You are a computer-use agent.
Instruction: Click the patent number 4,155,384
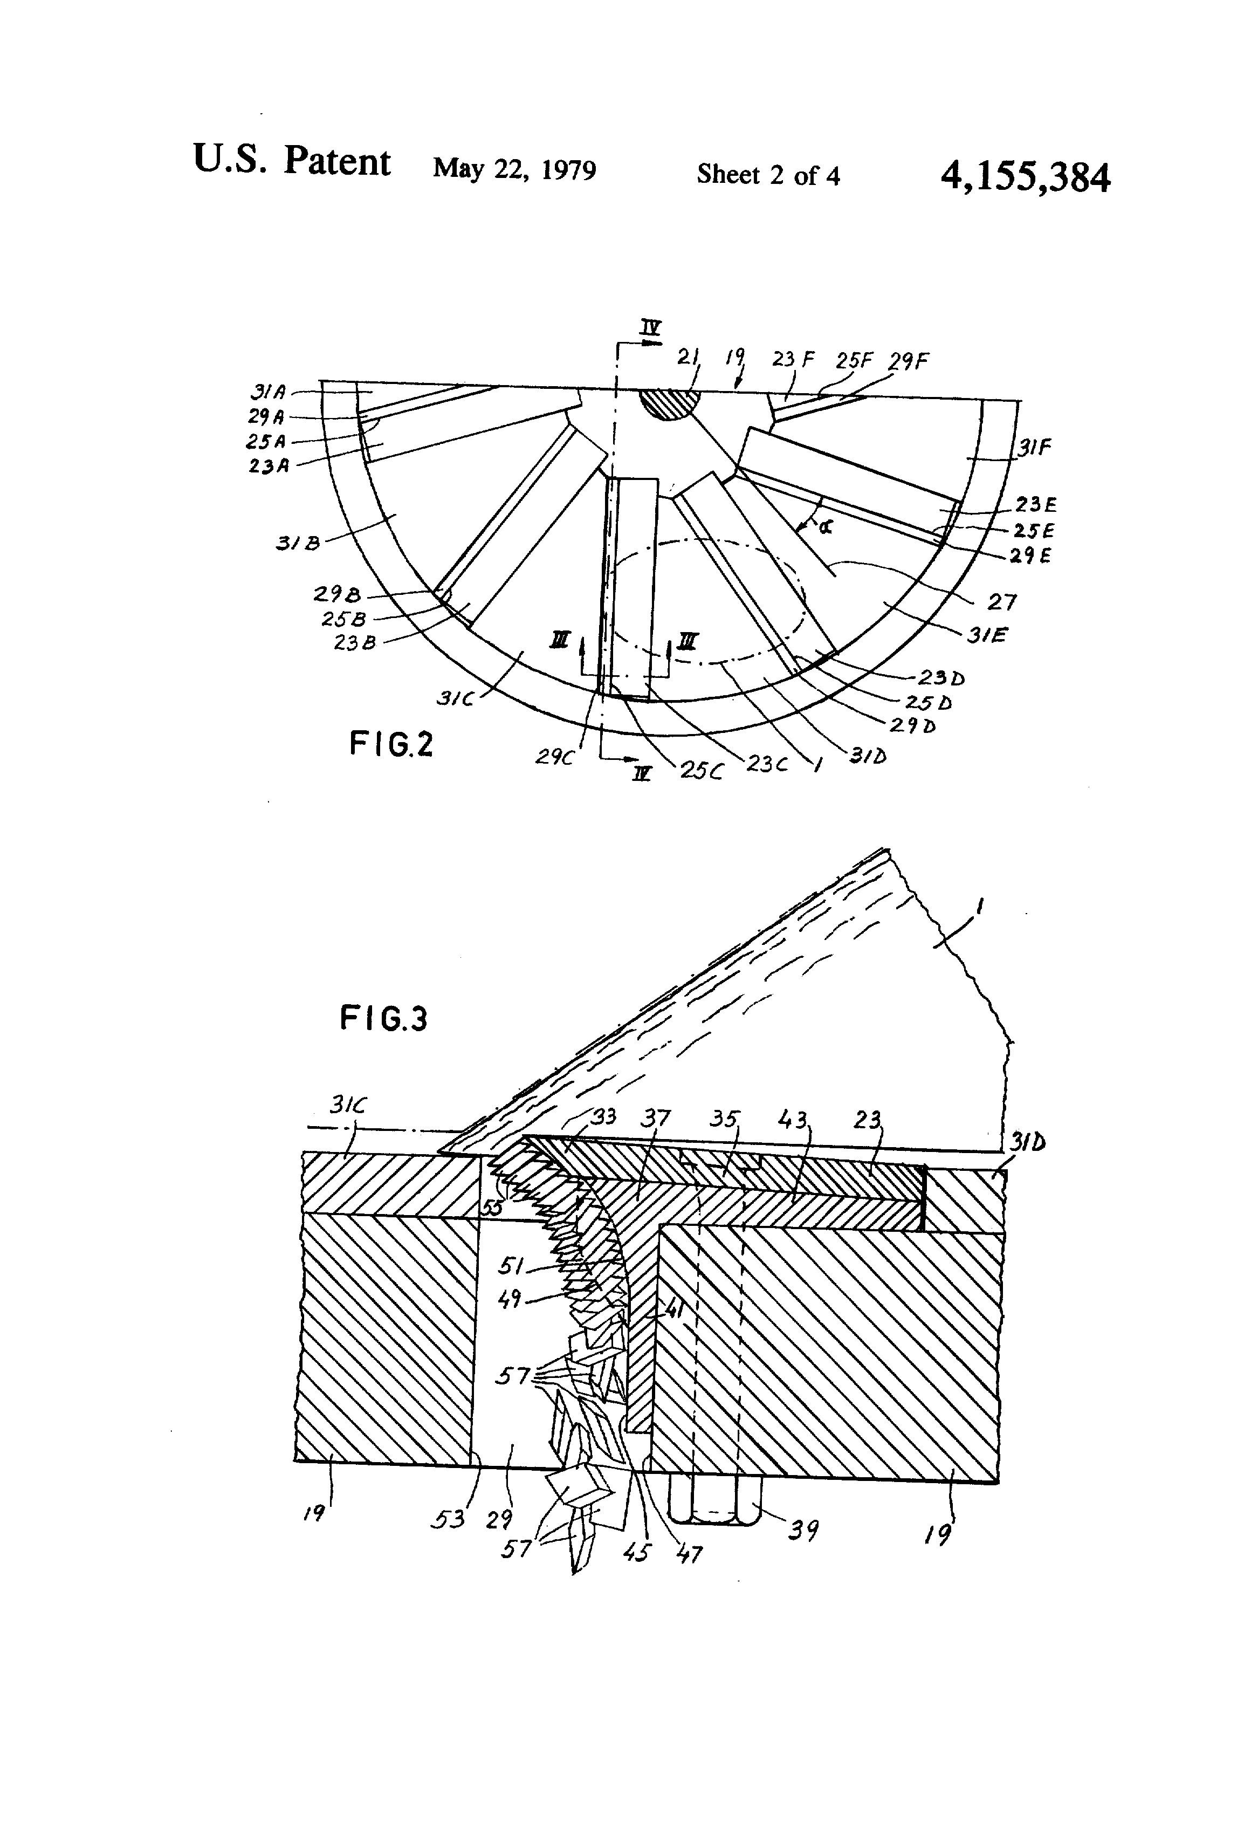(1025, 177)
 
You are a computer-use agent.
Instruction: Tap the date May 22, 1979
(514, 169)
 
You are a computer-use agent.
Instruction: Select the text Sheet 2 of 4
(767, 175)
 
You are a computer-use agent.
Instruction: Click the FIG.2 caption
(390, 744)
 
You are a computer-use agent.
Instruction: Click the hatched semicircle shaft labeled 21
(668, 403)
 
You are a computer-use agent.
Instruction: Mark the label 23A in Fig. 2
(269, 467)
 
